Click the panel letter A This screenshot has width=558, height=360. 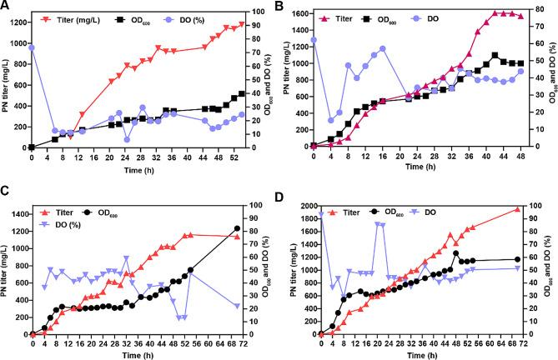pos(7,7)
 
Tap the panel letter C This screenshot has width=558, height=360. pos(7,190)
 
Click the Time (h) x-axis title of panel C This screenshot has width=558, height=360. pos(134,354)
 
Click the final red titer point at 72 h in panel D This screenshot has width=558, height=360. pos(516,210)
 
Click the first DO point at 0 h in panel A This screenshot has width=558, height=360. pos(32,47)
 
